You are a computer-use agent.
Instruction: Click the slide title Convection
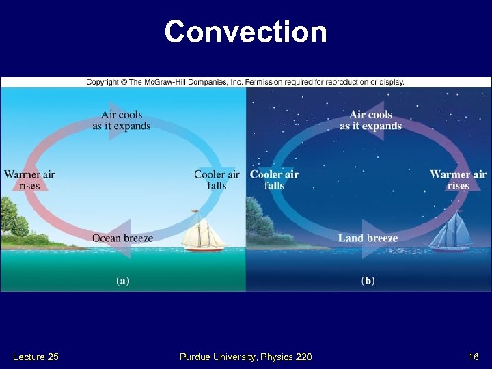(x=245, y=32)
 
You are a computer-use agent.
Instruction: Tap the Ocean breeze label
(x=123, y=238)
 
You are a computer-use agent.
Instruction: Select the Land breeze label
(x=368, y=238)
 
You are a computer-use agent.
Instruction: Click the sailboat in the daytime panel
(x=203, y=235)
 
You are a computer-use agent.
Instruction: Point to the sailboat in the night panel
(x=449, y=232)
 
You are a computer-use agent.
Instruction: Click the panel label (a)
(x=122, y=280)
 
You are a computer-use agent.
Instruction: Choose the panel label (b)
(x=368, y=280)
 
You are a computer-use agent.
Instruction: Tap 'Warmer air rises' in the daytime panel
(x=29, y=180)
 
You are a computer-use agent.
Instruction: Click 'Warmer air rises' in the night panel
(x=459, y=180)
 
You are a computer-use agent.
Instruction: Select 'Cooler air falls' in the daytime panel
(x=217, y=180)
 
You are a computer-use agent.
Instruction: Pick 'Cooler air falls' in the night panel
(x=274, y=180)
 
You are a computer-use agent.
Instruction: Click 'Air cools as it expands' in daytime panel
(x=122, y=120)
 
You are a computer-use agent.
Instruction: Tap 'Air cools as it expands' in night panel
(x=370, y=120)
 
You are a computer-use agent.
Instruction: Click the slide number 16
(x=473, y=357)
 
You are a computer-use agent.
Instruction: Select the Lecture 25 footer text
(x=36, y=357)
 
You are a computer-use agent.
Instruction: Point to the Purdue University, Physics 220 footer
(x=245, y=357)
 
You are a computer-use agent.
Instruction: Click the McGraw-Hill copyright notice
(x=245, y=82)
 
